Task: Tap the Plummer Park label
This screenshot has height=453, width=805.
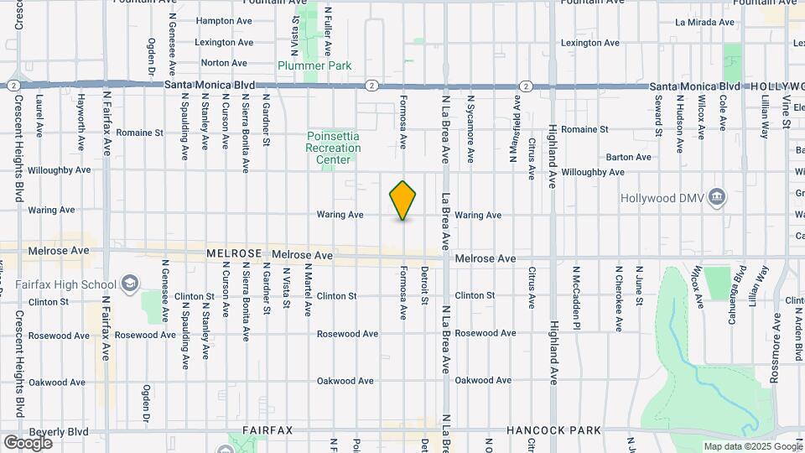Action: [315, 65]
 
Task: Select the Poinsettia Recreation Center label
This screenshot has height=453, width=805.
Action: [334, 148]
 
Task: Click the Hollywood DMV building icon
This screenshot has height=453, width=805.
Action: [716, 198]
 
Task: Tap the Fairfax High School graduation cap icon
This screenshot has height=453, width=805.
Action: [129, 284]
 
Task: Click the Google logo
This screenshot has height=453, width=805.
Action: [28, 442]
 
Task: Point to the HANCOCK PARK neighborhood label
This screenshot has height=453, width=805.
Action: [553, 430]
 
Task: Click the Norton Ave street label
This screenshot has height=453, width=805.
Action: [224, 63]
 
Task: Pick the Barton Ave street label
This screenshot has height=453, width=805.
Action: [628, 157]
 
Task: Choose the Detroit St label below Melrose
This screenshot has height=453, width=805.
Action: [425, 285]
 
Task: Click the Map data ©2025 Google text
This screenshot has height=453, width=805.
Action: [751, 446]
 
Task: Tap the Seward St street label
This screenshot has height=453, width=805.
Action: [659, 115]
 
